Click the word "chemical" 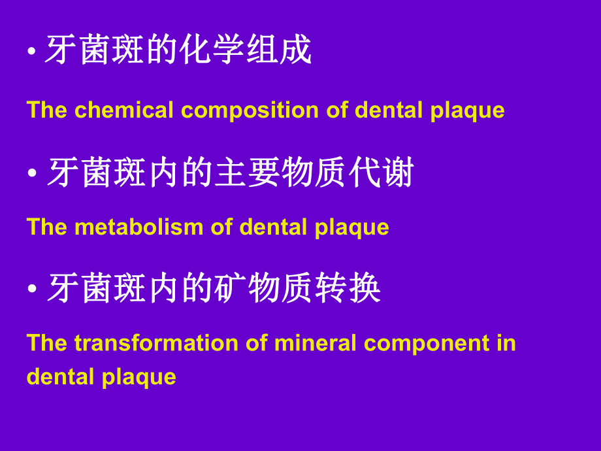pyautogui.click(x=124, y=110)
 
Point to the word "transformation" pyautogui.click(x=160, y=343)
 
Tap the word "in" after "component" pyautogui.click(x=506, y=343)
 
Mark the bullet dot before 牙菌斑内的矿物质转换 pyautogui.click(x=31, y=291)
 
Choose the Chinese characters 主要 pyautogui.click(x=248, y=174)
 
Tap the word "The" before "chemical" pyautogui.click(x=47, y=110)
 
